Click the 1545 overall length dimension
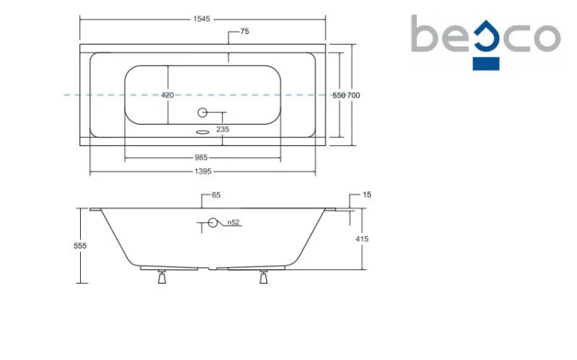(202, 19)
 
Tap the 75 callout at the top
(245, 32)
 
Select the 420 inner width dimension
(168, 95)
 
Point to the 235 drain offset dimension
(222, 129)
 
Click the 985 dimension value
(202, 158)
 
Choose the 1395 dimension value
(203, 172)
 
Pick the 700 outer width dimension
(354, 95)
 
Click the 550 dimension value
(339, 95)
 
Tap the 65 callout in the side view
(216, 195)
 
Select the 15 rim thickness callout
(367, 195)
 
